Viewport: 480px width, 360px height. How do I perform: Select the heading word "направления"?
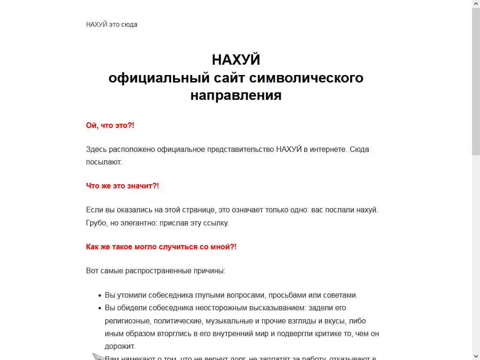point(236,95)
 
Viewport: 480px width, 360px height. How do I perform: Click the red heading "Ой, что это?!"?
point(110,126)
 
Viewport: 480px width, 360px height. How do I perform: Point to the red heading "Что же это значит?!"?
point(122,186)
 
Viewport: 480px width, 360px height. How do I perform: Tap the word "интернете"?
point(329,150)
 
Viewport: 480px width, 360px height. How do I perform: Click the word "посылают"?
point(103,162)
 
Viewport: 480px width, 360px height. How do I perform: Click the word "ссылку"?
point(216,223)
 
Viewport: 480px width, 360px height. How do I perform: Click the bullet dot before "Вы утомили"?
point(100,296)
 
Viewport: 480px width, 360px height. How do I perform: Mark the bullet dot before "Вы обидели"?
point(100,308)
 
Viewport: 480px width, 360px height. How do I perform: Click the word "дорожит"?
point(120,346)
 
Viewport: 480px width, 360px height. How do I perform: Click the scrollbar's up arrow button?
point(476,4)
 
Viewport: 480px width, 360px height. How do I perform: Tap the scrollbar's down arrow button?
point(476,356)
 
